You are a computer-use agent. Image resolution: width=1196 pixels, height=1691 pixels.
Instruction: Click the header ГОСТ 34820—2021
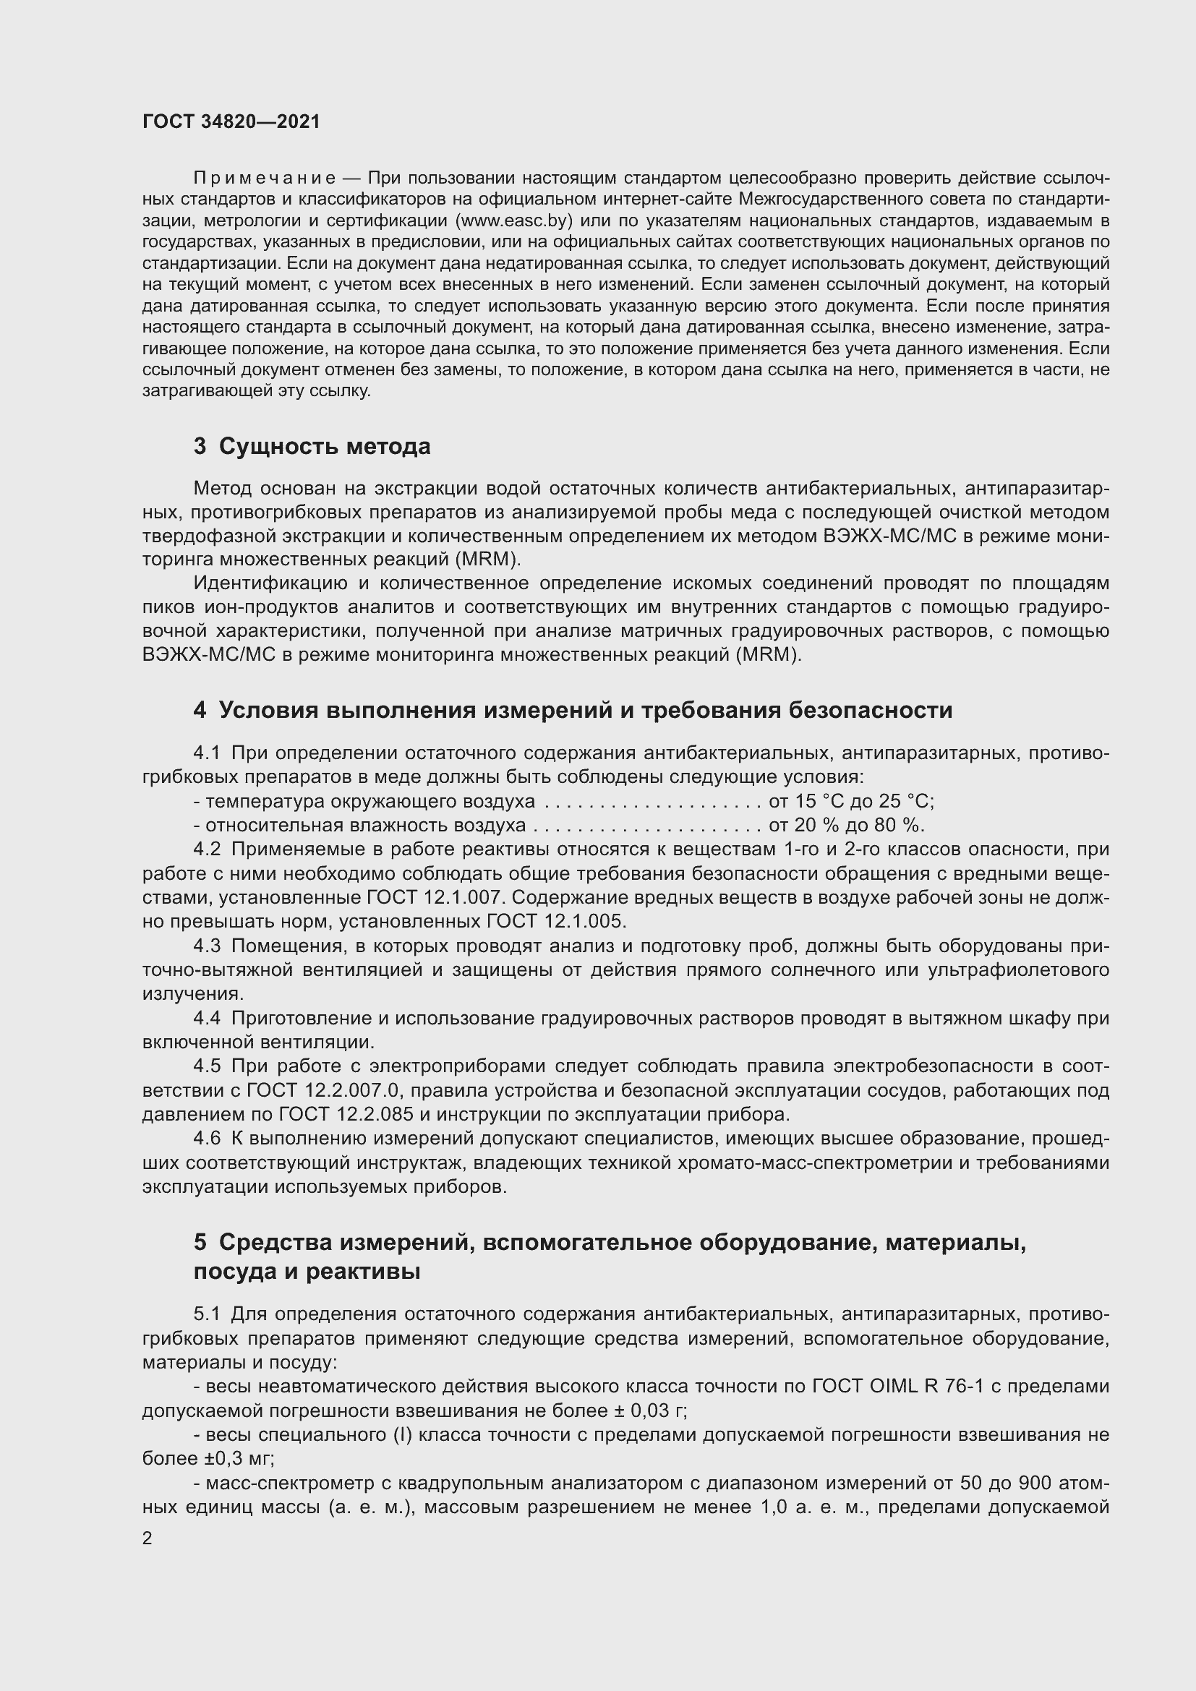click(231, 121)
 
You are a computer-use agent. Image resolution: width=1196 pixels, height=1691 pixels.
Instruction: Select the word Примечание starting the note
click(265, 179)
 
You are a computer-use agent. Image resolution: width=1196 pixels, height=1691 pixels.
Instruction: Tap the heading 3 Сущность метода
click(312, 446)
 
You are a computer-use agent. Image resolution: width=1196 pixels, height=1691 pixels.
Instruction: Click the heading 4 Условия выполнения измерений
click(572, 710)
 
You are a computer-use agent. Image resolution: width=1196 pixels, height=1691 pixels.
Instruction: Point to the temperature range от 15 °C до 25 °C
click(850, 801)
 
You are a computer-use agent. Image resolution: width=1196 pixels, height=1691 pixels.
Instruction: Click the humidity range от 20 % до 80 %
click(846, 825)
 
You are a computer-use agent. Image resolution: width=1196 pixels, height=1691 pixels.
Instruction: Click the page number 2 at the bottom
click(148, 1538)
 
